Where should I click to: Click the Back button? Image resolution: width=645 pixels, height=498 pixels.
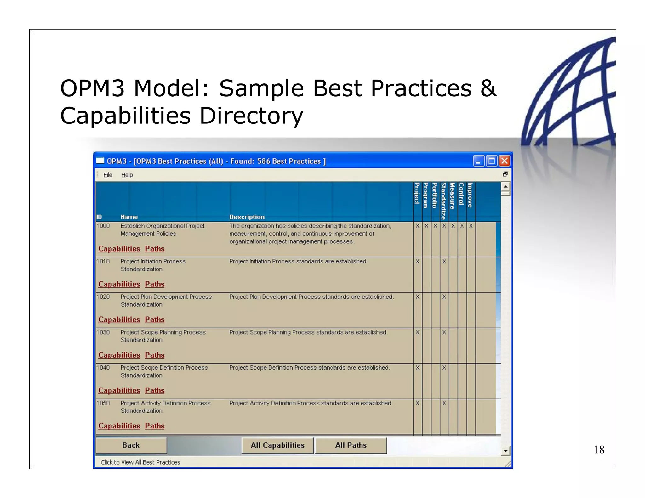click(131, 445)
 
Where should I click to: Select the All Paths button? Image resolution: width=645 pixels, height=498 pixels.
click(351, 445)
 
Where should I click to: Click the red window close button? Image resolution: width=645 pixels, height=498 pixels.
click(505, 161)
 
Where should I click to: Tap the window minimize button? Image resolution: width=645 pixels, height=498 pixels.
click(478, 161)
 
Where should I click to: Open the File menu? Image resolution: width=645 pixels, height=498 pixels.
click(108, 175)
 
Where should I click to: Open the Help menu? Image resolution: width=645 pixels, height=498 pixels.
click(127, 175)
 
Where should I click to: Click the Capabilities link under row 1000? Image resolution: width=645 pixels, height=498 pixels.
click(119, 249)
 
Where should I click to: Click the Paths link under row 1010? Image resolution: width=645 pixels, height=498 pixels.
click(155, 284)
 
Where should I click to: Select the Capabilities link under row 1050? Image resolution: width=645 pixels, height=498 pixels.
click(119, 426)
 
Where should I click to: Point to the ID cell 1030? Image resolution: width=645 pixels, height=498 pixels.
click(103, 332)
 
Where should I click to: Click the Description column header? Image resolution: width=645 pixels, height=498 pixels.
click(247, 217)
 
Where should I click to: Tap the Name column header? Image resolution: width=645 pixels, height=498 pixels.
click(129, 217)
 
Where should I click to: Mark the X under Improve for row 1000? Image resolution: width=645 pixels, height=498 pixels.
click(471, 226)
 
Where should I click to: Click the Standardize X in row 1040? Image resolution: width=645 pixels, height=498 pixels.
click(444, 368)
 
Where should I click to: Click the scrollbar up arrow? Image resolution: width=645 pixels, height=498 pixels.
click(505, 186)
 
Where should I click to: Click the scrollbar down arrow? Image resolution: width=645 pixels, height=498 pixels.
click(505, 451)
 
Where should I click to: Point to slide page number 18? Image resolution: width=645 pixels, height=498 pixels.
click(599, 450)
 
